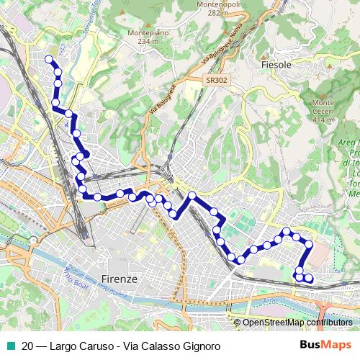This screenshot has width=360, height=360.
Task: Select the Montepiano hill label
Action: (x=143, y=33)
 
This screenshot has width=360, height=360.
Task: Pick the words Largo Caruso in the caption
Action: (x=78, y=346)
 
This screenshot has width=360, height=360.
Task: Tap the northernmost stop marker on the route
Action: (x=49, y=60)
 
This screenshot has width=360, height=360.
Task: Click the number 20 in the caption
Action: (x=28, y=346)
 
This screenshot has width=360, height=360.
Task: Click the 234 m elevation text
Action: (x=143, y=41)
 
